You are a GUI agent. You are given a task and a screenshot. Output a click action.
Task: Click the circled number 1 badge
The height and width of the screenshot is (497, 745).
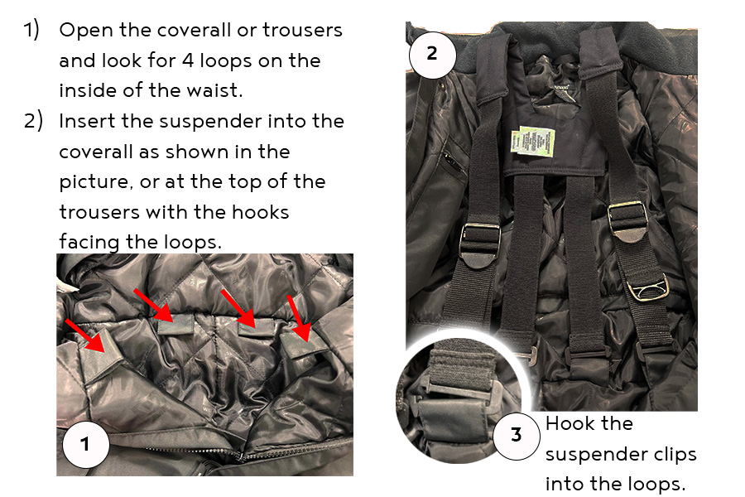tap(85, 444)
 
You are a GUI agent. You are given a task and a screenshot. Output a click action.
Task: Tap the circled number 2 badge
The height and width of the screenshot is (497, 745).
tap(432, 53)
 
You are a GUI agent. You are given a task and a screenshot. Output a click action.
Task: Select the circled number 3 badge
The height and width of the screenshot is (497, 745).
tap(517, 435)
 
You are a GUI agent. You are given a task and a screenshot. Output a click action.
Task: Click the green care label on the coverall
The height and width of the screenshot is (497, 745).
tap(532, 141)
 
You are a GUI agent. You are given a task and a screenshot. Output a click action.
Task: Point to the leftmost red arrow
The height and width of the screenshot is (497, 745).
tap(85, 335)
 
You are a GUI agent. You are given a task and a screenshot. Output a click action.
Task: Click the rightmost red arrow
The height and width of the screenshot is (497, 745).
tap(300, 318)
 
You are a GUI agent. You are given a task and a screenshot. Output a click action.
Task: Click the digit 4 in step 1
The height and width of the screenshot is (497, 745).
tap(188, 60)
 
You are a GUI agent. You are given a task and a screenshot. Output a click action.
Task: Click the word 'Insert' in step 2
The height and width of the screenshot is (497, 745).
tap(88, 121)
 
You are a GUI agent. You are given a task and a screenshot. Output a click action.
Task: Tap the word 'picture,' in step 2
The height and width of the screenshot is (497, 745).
tap(96, 182)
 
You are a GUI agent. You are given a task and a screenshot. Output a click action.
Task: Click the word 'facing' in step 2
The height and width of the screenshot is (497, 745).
tap(89, 243)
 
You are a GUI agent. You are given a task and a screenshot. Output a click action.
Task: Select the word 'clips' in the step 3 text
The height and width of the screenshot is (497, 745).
tap(675, 455)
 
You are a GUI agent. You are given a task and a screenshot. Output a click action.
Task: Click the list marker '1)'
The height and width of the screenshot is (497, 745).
tap(31, 30)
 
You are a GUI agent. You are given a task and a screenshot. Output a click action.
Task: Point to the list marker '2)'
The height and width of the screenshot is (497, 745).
tap(33, 121)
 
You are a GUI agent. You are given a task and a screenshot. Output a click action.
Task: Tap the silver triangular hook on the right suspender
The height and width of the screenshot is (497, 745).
tap(647, 290)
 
